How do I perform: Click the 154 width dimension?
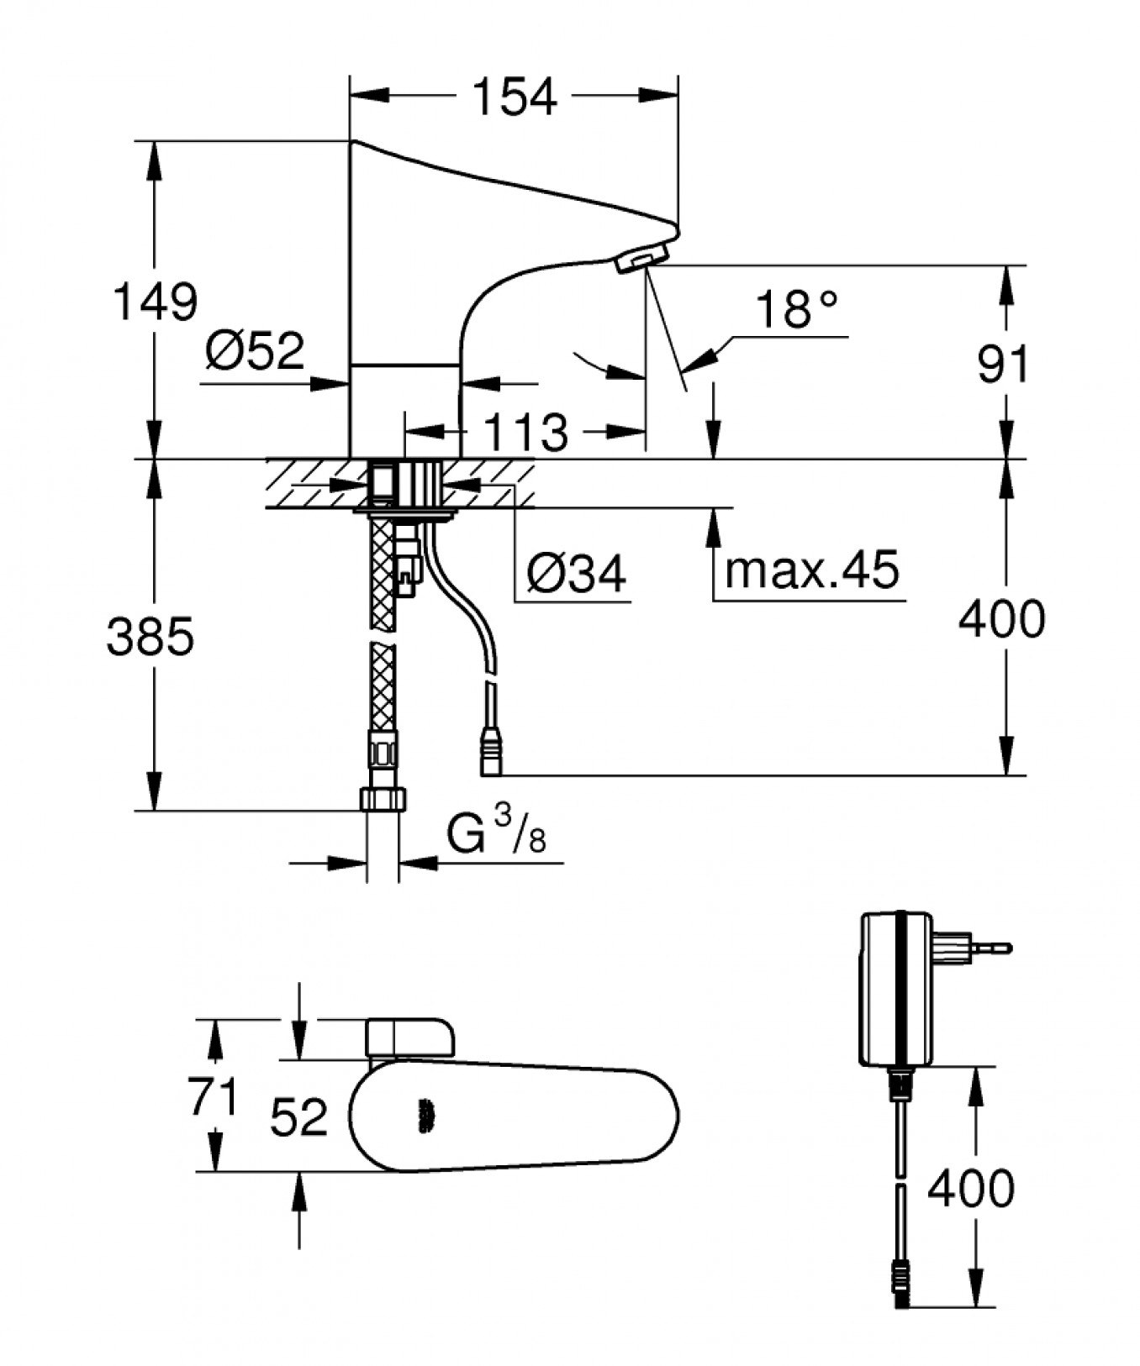click(515, 97)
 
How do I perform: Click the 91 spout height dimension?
click(1003, 364)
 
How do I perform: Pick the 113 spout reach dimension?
click(526, 433)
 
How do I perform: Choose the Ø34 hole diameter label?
click(577, 574)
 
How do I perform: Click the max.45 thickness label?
click(811, 570)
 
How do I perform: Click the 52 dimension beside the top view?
click(298, 1117)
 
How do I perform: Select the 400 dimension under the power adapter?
click(970, 1188)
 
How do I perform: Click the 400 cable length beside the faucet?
click(1001, 619)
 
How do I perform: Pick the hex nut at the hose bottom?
click(383, 798)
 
